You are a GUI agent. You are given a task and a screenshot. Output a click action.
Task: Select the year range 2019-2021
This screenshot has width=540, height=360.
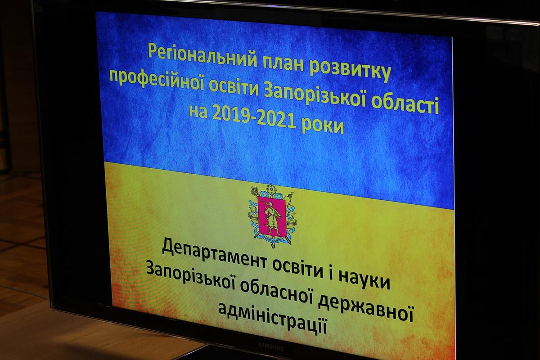click(254, 118)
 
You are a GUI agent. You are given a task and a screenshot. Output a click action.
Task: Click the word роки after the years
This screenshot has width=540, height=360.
click(323, 126)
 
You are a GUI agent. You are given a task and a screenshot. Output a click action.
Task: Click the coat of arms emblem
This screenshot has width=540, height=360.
click(272, 216)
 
